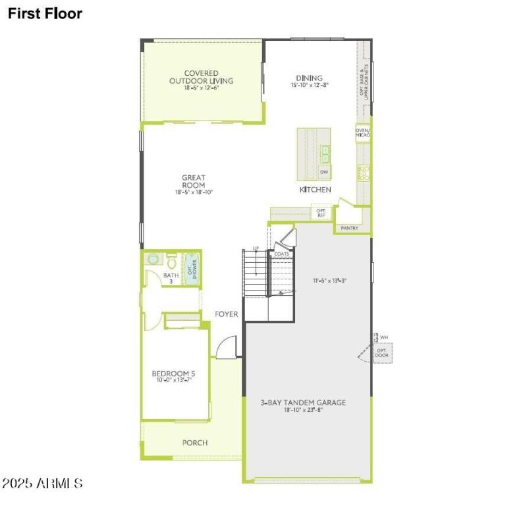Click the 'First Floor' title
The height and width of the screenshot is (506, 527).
pyautogui.click(x=45, y=13)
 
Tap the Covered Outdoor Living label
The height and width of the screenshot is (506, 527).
pyautogui.click(x=201, y=77)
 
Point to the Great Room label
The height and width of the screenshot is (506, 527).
pyautogui.click(x=194, y=181)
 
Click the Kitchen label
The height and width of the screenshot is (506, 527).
pyautogui.click(x=316, y=190)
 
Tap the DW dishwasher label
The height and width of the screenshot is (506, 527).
pyautogui.click(x=324, y=172)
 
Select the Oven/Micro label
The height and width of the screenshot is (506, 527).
pyautogui.click(x=363, y=132)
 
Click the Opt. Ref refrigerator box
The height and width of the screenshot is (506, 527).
pyautogui.click(x=321, y=213)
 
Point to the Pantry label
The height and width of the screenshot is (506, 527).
pyautogui.click(x=349, y=228)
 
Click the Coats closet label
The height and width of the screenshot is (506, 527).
pyautogui.click(x=282, y=254)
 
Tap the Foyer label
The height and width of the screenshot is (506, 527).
pyautogui.click(x=227, y=314)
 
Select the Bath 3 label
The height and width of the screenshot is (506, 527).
pyautogui.click(x=171, y=278)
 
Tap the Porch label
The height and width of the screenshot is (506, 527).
pyautogui.click(x=195, y=443)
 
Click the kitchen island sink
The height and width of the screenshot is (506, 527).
pyautogui.click(x=324, y=154)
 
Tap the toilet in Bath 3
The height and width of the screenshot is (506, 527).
pyautogui.click(x=171, y=258)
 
